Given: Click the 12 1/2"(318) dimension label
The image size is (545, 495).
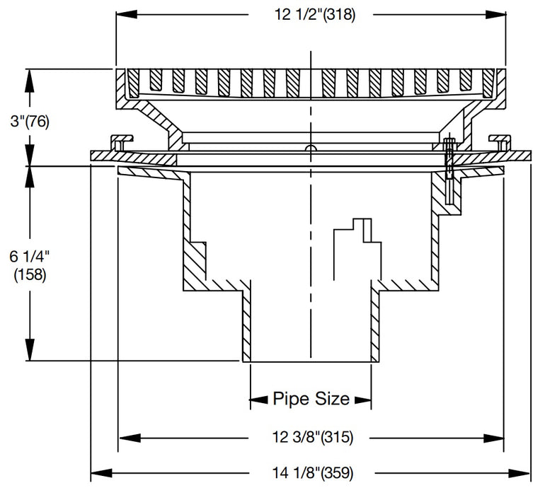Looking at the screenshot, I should [x=311, y=14].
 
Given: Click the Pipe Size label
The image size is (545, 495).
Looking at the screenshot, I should [x=311, y=399].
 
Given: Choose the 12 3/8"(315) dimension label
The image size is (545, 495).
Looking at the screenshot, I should [x=311, y=438].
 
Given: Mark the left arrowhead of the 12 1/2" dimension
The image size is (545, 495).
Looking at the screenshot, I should [x=124, y=14].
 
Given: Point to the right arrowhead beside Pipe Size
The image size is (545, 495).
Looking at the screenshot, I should [x=362, y=400].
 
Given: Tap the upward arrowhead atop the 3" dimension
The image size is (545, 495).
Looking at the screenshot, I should [x=29, y=78].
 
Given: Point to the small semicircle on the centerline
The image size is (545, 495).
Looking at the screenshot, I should [x=309, y=148].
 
